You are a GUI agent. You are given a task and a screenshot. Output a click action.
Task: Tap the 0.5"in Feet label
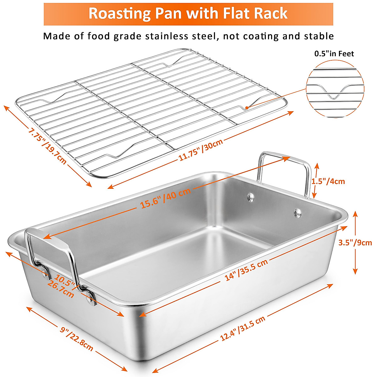334,54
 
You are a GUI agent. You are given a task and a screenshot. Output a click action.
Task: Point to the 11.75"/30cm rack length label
201,150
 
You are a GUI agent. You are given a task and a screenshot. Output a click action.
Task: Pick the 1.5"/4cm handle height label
328,181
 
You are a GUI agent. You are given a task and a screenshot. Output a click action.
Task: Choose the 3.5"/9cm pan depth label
355,243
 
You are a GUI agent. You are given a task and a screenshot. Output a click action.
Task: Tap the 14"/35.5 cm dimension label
246,270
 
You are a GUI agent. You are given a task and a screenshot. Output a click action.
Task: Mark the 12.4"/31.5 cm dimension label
243,329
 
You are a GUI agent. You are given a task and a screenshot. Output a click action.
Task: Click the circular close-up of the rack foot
335,89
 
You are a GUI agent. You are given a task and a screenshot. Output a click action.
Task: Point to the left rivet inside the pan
250,197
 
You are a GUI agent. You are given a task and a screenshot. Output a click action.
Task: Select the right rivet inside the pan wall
297,213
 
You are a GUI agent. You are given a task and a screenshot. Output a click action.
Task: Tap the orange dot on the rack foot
247,107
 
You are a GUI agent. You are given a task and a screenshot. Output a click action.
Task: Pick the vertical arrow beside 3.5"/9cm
355,243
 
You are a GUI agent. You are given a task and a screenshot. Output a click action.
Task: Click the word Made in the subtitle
55,36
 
